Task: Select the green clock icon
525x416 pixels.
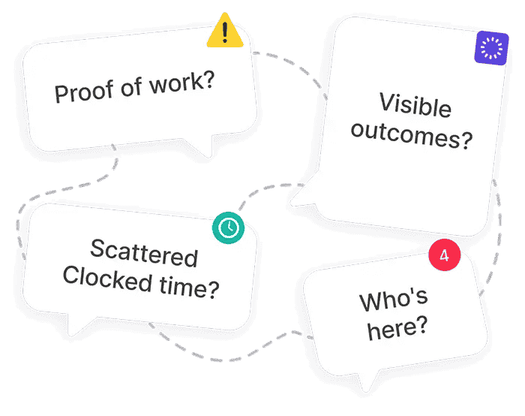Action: (x=228, y=227)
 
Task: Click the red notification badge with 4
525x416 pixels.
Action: (x=444, y=255)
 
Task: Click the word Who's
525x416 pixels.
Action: (x=394, y=300)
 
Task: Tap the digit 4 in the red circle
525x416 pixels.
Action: (x=444, y=255)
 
